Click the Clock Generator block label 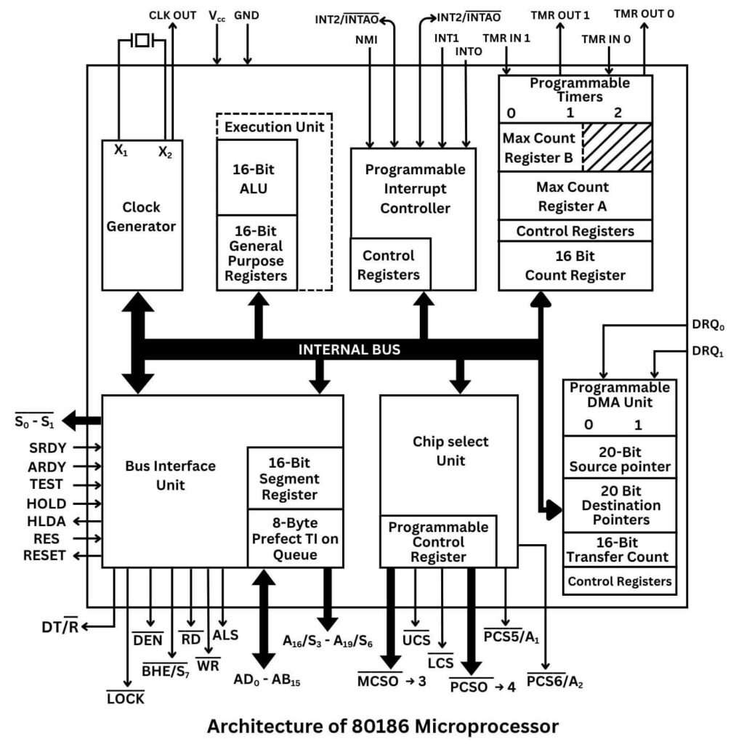(x=142, y=216)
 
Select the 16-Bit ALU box (x=256, y=178)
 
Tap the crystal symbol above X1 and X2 (x=142, y=41)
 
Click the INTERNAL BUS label (x=349, y=349)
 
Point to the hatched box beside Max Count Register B (x=616, y=147)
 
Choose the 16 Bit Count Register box (x=575, y=266)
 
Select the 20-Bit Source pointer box (x=619, y=458)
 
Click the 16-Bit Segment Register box (x=294, y=479)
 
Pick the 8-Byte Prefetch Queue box (x=294, y=538)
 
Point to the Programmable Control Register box (x=437, y=541)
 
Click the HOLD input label (x=46, y=504)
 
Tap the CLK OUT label (x=172, y=15)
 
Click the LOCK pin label (x=126, y=698)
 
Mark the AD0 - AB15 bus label (x=267, y=680)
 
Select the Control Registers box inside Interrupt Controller (x=390, y=265)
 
